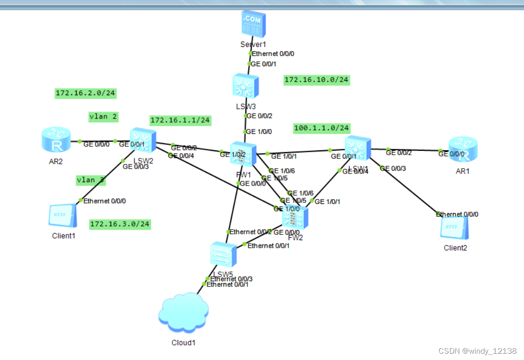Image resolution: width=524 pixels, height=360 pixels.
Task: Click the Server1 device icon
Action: point(253,25)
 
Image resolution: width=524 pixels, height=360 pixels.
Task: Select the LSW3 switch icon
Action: point(246,86)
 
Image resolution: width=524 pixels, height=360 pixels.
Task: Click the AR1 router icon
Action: point(463,150)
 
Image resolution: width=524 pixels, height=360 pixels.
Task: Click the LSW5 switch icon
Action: point(224,255)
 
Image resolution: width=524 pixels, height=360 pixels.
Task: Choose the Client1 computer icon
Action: point(62,216)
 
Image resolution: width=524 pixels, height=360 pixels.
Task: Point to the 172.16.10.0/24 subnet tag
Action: point(316,80)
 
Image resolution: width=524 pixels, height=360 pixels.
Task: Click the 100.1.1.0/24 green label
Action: point(322,129)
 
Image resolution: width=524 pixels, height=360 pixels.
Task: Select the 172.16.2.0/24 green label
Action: point(85,93)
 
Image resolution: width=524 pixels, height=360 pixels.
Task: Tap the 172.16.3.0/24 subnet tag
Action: point(120,224)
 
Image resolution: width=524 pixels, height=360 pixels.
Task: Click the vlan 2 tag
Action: point(103,116)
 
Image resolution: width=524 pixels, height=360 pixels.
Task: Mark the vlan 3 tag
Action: point(91,180)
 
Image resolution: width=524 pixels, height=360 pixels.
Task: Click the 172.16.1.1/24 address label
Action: point(180,120)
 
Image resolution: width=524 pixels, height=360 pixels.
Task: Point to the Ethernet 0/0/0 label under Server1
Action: point(273,54)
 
